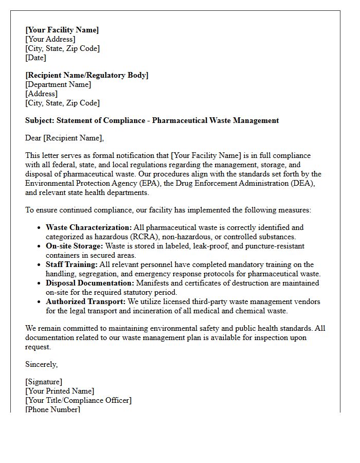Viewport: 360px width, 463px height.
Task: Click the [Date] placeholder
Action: (35, 58)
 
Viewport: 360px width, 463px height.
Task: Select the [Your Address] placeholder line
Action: (50, 40)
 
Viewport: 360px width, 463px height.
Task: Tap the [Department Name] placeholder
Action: (58, 85)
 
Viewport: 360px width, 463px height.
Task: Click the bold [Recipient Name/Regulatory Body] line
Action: (86, 76)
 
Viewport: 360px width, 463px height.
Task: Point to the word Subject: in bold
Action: (40, 120)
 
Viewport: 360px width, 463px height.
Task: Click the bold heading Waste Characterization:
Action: (88, 228)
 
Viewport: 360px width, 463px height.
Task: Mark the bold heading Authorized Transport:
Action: (85, 302)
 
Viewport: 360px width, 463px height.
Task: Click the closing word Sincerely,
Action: (42, 364)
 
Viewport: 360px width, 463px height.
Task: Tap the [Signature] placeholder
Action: (44, 382)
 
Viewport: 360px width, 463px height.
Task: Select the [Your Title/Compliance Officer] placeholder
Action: (78, 400)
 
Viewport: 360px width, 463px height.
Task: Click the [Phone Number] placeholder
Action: (52, 409)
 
